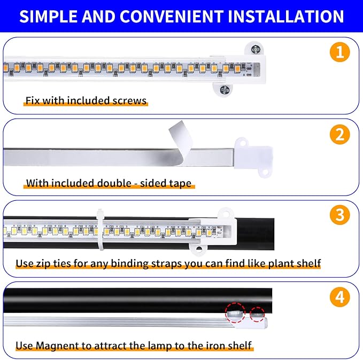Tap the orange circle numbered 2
point(339,134)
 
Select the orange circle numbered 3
point(339,215)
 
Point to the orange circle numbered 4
point(339,297)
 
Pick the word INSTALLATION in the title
point(286,16)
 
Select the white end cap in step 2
point(250,157)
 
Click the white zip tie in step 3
point(100,230)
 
